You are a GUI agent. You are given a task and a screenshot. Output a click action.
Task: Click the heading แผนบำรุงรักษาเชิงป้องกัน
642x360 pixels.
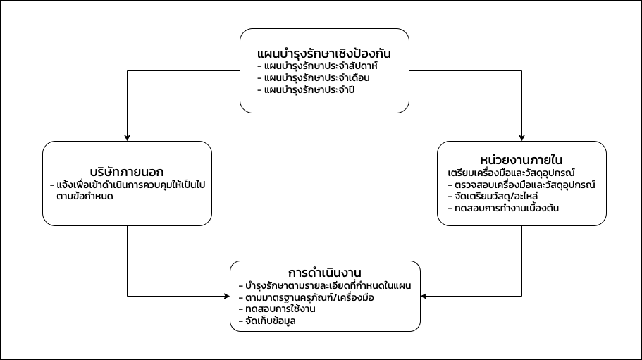pos(324,54)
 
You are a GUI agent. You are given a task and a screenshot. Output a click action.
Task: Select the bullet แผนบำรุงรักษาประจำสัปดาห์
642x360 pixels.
pos(317,66)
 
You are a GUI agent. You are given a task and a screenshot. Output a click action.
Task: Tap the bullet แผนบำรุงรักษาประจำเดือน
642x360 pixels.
pos(314,77)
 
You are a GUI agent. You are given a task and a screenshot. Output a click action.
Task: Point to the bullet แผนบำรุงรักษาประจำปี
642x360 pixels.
pos(306,89)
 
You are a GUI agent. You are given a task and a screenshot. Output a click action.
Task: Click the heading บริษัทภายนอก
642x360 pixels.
pos(127,172)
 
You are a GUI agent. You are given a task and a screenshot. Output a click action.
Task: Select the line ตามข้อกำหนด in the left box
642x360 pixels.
pos(85,197)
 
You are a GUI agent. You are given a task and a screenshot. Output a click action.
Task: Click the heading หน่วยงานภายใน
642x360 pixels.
pos(521,160)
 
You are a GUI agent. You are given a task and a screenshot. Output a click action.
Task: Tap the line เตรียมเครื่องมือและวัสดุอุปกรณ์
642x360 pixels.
pos(512,173)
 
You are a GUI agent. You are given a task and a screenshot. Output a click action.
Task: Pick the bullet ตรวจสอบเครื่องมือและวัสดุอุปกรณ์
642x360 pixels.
pos(521,185)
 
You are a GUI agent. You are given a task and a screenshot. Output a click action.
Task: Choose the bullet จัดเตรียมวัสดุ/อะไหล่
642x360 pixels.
pos(493,197)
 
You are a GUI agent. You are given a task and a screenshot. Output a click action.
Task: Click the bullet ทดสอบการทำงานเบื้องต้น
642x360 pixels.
pos(503,209)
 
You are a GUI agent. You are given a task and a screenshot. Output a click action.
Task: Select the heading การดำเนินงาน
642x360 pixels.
pos(325,273)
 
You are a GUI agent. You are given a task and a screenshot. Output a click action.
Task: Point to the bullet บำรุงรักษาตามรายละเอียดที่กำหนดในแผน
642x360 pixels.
pos(325,285)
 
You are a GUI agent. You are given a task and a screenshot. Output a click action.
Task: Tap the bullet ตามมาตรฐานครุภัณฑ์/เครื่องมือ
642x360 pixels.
pos(307,297)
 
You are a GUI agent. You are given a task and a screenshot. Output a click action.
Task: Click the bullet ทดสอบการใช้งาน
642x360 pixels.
pos(277,309)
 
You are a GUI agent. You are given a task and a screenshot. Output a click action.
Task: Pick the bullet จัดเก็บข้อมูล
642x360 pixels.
pos(267,321)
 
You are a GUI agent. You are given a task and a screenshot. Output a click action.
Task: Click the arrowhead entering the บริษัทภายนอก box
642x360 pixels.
pos(128,138)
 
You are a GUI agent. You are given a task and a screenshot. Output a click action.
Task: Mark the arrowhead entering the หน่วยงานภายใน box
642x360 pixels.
pos(521,138)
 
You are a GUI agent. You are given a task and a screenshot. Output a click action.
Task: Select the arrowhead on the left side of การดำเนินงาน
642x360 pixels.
pos(227,296)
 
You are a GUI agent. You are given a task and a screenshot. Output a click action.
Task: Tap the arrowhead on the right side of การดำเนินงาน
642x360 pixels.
pos(424,296)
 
